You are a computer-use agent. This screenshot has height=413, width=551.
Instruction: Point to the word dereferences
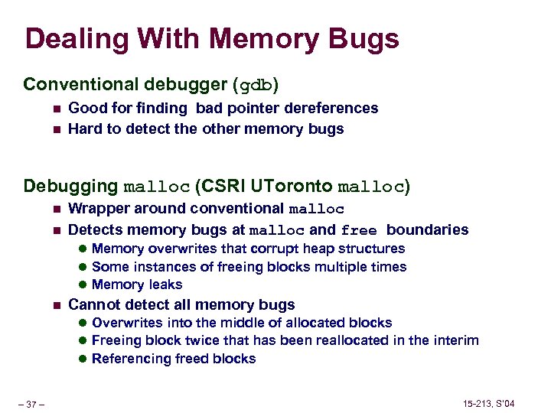(x=334, y=108)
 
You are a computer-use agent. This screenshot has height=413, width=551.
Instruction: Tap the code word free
(x=360, y=230)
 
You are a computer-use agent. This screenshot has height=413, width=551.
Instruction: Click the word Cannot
(x=93, y=304)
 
